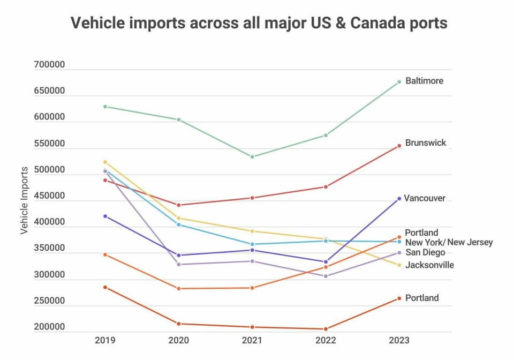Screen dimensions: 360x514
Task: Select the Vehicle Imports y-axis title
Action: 24,200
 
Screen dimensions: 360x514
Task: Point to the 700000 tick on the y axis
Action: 49,65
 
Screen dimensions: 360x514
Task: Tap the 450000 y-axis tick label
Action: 49,196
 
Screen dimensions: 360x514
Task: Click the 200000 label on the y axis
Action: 49,327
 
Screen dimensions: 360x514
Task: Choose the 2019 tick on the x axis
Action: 105,340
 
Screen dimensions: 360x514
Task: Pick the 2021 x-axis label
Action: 252,340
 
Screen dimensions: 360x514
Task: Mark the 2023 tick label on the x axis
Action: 399,340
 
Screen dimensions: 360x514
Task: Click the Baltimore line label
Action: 424,81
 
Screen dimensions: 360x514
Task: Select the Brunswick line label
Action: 426,143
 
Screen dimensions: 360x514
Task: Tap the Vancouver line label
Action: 425,198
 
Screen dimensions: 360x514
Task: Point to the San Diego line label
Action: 425,252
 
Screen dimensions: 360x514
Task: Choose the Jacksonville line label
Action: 429,265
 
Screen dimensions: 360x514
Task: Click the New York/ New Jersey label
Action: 449,243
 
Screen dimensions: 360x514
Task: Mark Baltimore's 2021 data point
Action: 252,156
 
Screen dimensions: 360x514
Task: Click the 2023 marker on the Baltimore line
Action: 399,82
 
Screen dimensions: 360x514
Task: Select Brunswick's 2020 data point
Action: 179,205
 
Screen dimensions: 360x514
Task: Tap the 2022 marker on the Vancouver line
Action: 326,262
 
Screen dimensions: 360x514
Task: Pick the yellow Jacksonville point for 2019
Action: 105,162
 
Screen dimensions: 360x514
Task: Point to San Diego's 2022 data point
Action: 326,276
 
